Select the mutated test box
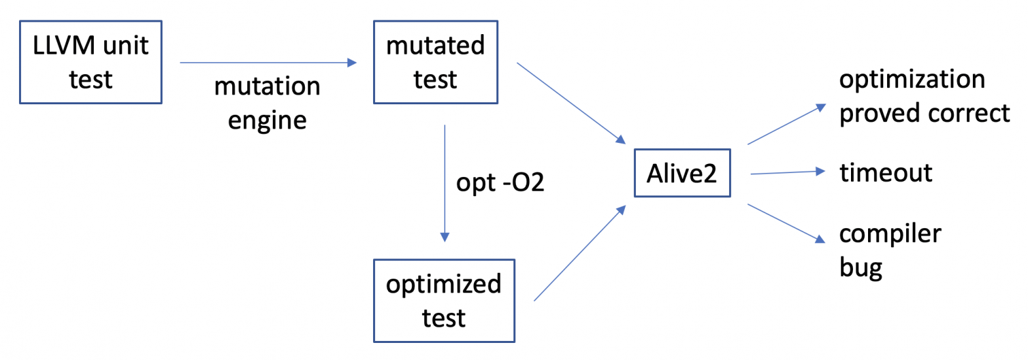pyautogui.click(x=435, y=63)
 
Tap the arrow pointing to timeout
pyautogui.click(x=787, y=172)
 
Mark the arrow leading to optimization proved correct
pyautogui.click(x=784, y=124)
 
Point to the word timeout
pyautogui.click(x=885, y=173)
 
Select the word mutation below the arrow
pyautogui.click(x=268, y=87)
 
